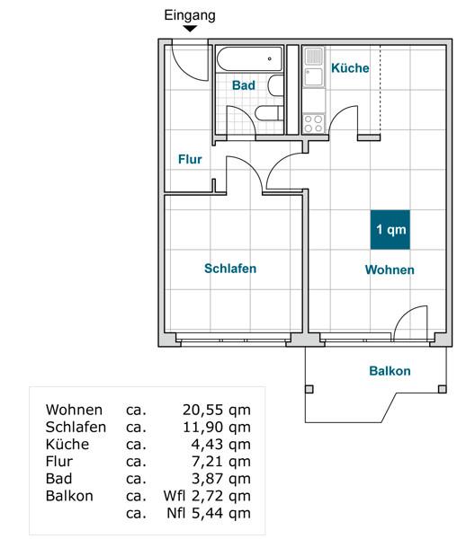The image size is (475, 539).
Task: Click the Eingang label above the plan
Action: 191,15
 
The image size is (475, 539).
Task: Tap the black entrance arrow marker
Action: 191,30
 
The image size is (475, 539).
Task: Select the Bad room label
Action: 243,85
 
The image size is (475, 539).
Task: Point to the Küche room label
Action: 350,68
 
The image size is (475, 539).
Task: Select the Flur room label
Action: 190,159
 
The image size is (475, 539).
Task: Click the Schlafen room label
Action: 230,269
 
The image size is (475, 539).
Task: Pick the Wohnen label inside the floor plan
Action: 390,269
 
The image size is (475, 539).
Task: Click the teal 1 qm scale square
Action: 391,230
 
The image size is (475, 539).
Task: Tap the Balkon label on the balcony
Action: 390,371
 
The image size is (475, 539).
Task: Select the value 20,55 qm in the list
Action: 216,410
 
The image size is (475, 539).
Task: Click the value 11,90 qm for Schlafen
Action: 216,427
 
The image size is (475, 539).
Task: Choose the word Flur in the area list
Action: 59,462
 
